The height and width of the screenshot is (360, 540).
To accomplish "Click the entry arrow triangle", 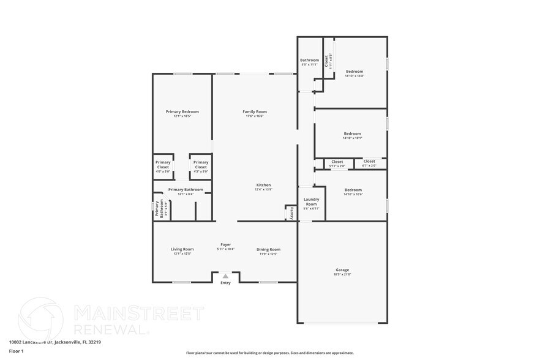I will (225, 277).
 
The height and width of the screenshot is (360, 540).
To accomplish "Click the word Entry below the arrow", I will (225, 283).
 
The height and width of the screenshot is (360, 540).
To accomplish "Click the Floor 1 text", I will (16, 351).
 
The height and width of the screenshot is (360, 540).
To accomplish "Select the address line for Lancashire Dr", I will (55, 342).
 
